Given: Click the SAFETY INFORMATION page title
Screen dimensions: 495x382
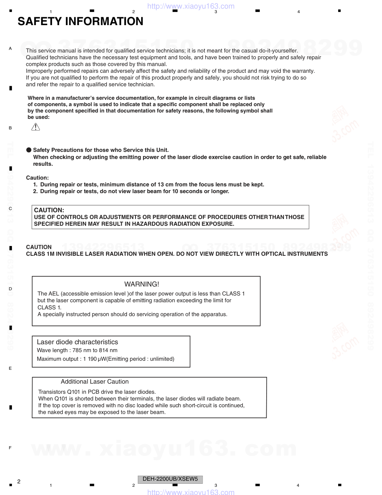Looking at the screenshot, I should click(80, 21).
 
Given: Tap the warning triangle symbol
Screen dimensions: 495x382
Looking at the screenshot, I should click(36, 127).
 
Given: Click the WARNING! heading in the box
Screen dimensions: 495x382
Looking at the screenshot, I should click(142, 284).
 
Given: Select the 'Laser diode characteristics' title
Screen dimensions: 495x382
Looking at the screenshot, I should click(77, 342).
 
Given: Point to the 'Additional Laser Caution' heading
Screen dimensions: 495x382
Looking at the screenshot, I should click(95, 382).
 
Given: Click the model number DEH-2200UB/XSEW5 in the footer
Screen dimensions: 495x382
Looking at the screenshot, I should click(170, 479).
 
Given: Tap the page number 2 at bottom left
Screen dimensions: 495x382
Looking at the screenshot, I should click(19, 481).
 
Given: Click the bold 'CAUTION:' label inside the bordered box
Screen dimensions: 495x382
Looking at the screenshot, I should click(49, 210).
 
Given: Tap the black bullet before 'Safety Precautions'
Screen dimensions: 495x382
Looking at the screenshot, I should click(29, 150).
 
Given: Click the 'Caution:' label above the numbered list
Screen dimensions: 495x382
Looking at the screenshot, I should click(37, 178).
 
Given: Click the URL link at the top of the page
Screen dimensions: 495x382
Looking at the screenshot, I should click(191, 6).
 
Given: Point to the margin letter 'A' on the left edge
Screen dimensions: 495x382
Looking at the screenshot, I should click(10, 48).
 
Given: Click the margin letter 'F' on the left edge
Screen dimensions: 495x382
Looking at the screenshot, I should click(10, 448).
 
